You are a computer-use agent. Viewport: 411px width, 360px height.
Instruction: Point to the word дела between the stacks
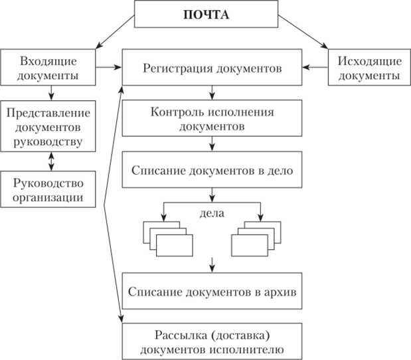click(212, 214)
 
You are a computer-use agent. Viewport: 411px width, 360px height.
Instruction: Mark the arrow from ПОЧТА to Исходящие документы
click(302, 35)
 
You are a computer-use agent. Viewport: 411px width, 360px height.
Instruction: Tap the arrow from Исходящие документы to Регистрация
click(316, 68)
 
